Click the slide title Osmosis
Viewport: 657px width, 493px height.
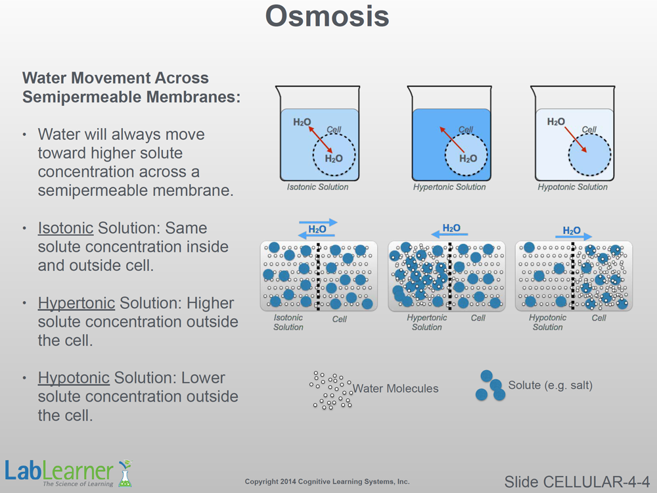click(x=327, y=17)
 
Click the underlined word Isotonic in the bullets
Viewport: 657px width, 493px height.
click(x=66, y=228)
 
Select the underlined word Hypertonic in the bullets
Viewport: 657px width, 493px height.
click(x=76, y=303)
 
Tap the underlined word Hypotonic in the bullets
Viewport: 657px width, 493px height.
click(x=74, y=378)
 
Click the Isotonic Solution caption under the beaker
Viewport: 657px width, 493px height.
click(x=318, y=187)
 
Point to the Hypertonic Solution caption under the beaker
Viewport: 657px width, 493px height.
click(x=449, y=187)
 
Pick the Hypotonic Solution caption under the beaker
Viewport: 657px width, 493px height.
click(x=573, y=187)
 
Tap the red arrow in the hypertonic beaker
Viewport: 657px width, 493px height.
click(x=451, y=139)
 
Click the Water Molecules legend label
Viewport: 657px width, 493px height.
click(x=396, y=388)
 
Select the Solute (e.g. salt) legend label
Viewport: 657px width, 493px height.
click(x=550, y=385)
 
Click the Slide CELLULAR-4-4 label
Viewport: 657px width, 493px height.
click(x=577, y=481)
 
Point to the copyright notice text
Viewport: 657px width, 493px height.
click(x=327, y=482)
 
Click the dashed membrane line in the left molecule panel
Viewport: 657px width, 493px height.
click(x=319, y=276)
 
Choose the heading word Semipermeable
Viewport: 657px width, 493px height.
click(x=83, y=97)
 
